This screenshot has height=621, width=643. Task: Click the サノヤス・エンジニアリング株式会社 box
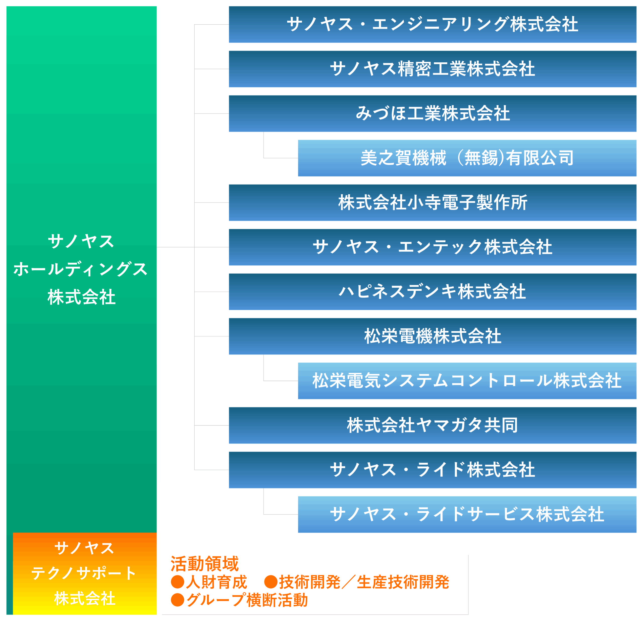coord(432,24)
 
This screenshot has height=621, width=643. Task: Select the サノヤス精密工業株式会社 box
coord(432,69)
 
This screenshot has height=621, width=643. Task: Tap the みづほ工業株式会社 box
coord(432,114)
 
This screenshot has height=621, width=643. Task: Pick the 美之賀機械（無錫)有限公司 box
coord(467,158)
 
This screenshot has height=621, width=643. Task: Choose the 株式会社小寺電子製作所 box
coord(432,203)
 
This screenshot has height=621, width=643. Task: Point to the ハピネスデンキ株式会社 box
coord(432,292)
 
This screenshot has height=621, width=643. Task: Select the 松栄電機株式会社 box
coord(432,336)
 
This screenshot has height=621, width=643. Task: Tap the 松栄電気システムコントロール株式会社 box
coord(467,381)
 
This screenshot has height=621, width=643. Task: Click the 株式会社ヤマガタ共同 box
coord(432,425)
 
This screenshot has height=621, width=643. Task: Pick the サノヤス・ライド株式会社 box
coord(432,470)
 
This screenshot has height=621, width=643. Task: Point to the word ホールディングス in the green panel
coord(81,269)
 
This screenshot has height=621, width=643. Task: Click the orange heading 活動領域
coord(205,564)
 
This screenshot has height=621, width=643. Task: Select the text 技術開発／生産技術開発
coord(364,582)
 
